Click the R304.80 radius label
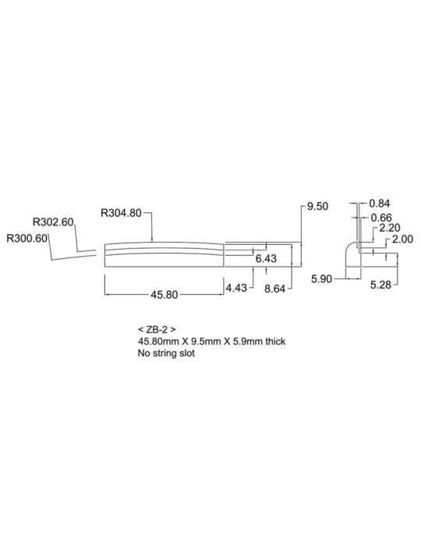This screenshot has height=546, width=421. coord(121,212)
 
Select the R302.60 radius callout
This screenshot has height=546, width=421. coord(53,222)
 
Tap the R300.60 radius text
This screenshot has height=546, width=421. coord(27,239)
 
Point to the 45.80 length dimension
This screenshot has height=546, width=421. coord(165,295)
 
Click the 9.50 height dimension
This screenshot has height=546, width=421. coord(317,206)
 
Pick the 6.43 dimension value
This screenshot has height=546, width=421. coord(266,258)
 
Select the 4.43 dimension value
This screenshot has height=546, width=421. coord(236,288)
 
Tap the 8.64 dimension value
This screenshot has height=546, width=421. coord(275,289)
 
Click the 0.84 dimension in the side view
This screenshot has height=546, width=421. coord(380,204)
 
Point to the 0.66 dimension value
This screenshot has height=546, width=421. coord(381,218)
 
